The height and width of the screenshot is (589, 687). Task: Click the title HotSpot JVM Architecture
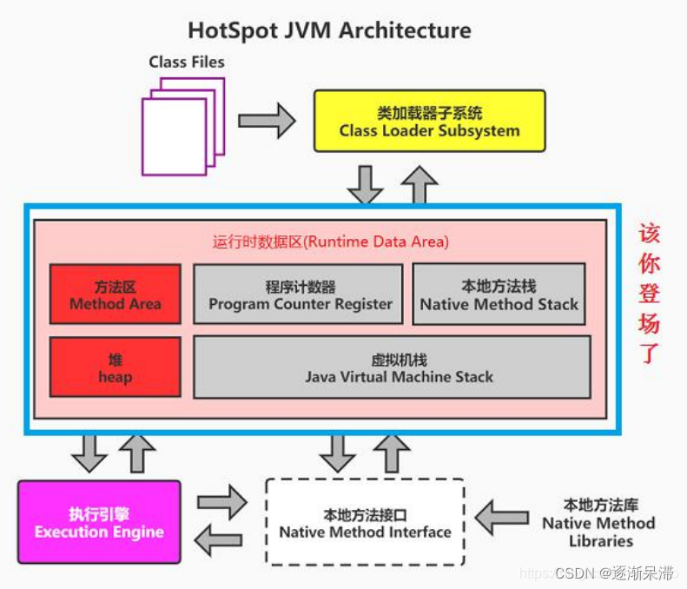(x=329, y=30)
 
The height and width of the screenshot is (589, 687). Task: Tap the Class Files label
(x=186, y=62)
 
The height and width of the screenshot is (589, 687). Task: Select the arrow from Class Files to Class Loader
(x=267, y=120)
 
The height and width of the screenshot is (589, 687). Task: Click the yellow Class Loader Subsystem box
(x=429, y=122)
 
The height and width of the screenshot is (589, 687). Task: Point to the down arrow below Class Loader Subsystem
(x=366, y=183)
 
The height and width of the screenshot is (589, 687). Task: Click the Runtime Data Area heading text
(x=331, y=242)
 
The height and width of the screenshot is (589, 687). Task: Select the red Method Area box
(x=116, y=294)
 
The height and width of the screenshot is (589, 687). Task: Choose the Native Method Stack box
(x=499, y=294)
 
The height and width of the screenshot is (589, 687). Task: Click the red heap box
(x=116, y=367)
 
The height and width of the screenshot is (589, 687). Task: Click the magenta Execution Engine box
(x=99, y=522)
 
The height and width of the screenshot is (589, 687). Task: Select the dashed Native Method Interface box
(x=365, y=522)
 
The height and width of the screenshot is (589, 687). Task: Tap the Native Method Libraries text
(x=598, y=522)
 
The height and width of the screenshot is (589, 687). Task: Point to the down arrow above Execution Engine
(x=89, y=453)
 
